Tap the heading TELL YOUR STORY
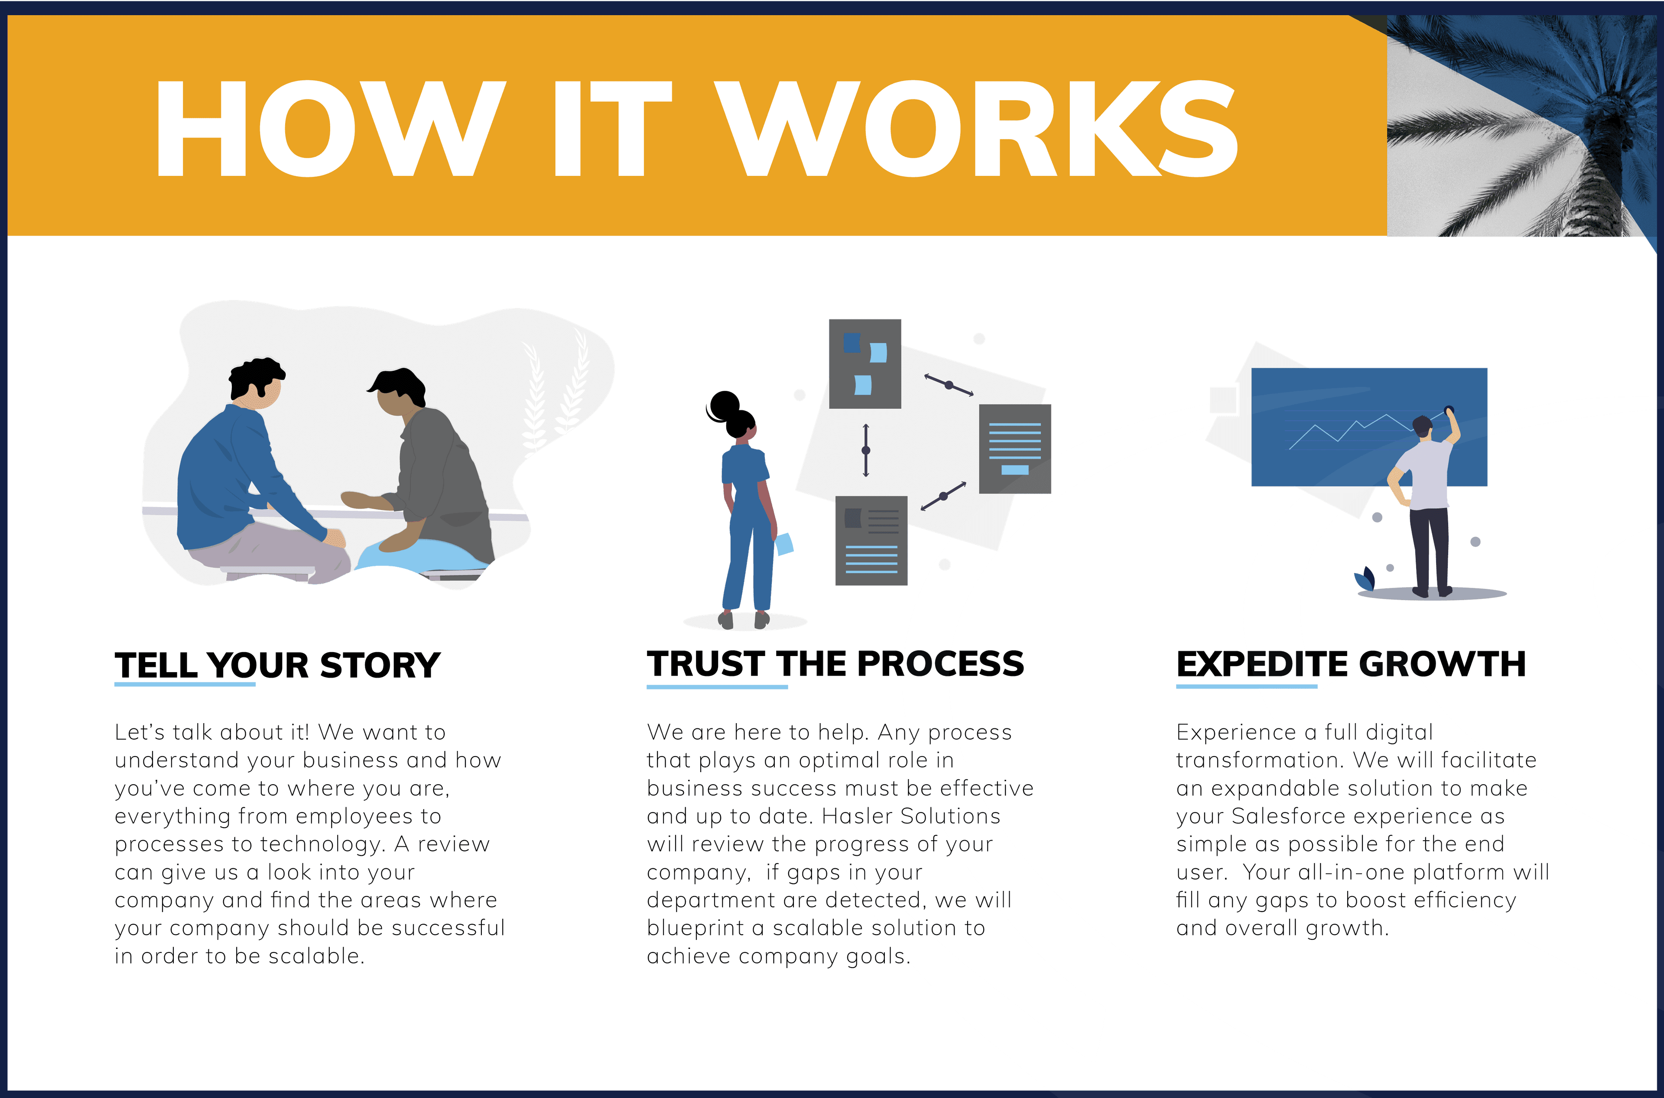click(x=277, y=665)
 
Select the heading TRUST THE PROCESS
click(x=835, y=664)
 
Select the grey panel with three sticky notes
click(x=865, y=364)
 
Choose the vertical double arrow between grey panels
click(x=866, y=450)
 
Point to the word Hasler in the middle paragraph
click(x=857, y=816)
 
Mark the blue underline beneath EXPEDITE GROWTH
click(x=1247, y=686)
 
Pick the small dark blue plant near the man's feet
click(x=1364, y=579)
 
